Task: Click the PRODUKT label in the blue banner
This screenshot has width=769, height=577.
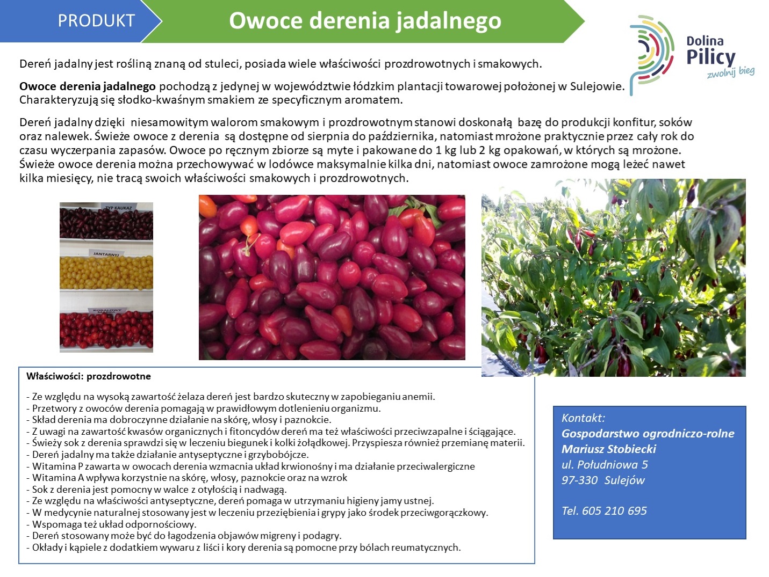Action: [x=96, y=20]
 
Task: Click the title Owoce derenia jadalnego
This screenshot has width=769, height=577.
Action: [x=365, y=20]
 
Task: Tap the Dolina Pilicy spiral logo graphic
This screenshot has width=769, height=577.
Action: [x=651, y=54]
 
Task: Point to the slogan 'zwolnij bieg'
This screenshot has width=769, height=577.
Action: [x=731, y=72]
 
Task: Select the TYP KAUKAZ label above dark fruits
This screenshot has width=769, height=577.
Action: [x=119, y=208]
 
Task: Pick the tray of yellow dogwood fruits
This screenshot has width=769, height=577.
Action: [x=106, y=272]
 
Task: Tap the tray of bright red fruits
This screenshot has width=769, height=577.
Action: [x=106, y=330]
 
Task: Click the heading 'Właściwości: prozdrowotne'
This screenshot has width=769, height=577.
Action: [x=88, y=376]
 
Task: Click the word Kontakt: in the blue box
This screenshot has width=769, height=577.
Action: [x=583, y=418]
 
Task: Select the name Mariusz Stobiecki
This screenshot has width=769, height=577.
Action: [x=608, y=449]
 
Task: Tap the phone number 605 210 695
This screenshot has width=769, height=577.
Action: [x=614, y=511]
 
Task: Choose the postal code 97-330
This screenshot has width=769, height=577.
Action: [x=579, y=480]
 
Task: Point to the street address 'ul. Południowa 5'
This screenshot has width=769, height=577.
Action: [x=605, y=465]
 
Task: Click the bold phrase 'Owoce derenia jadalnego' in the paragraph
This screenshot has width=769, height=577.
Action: [x=88, y=86]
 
